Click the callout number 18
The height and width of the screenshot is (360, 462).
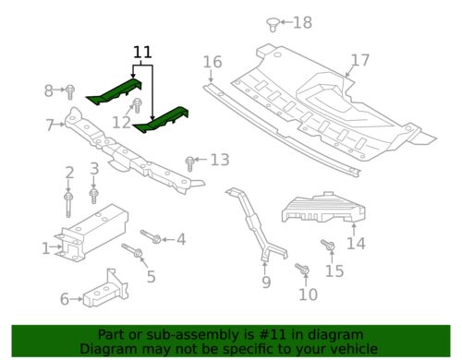[303, 22]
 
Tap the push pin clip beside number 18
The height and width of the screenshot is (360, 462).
[273, 22]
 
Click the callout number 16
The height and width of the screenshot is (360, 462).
[213, 62]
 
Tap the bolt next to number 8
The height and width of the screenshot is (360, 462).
[69, 90]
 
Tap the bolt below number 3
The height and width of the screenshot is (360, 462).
[93, 194]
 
